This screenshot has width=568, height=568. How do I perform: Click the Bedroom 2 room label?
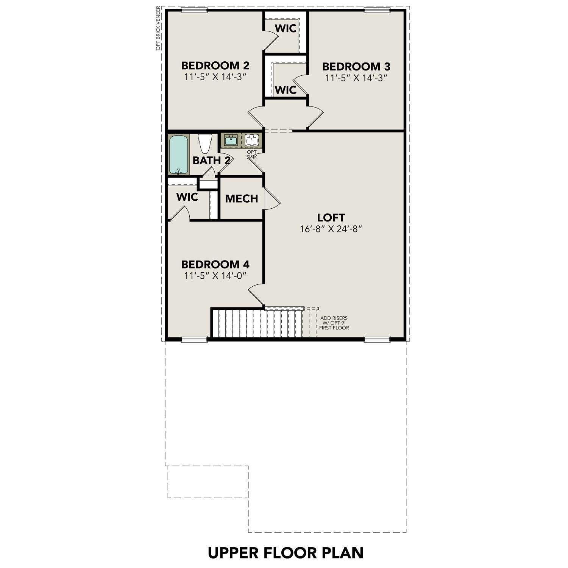(215, 66)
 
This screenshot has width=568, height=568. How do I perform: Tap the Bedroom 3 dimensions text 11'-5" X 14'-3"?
(356, 78)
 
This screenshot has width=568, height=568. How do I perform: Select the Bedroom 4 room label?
(215, 264)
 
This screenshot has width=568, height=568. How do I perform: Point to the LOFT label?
(331, 218)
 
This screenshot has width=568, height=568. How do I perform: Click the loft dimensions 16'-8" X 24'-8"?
(331, 229)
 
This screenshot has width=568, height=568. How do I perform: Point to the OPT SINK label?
(252, 154)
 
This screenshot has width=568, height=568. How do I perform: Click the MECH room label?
(241, 199)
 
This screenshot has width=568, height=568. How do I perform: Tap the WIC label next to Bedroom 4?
(187, 197)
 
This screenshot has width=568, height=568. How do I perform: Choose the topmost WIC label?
(286, 28)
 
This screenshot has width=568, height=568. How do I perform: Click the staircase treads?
(257, 324)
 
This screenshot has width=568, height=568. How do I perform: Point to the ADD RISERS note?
(334, 323)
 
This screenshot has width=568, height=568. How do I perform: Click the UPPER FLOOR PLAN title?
(286, 552)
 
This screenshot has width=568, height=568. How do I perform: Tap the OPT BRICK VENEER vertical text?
(158, 28)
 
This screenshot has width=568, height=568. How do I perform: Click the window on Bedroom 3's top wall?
(377, 10)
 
